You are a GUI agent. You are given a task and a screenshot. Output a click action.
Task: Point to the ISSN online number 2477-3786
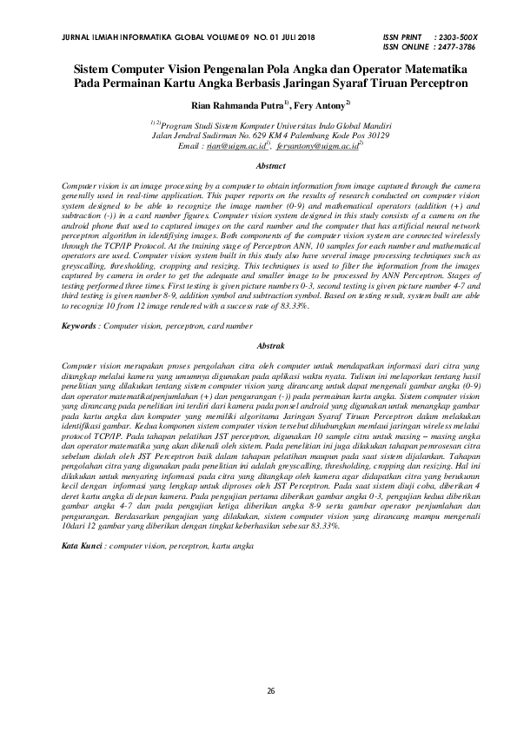[x=461, y=48]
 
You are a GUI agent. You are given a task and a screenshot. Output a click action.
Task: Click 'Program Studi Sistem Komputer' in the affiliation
[x=217, y=126]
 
